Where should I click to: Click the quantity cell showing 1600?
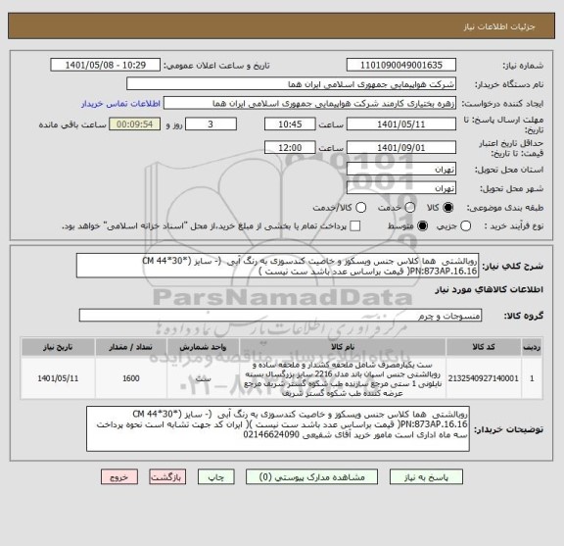tap(131, 376)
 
